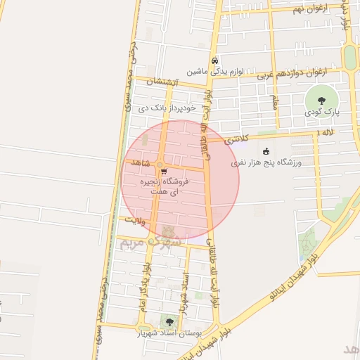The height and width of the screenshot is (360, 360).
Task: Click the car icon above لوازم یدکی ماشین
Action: (x=214, y=61)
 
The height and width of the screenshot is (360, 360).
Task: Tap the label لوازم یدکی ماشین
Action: (x=214, y=72)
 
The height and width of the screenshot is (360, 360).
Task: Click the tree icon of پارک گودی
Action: (x=321, y=100)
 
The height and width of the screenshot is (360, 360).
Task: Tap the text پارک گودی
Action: (x=323, y=112)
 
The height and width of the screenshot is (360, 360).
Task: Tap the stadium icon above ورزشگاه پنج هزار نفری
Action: (x=266, y=152)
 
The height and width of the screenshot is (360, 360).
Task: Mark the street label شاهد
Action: (x=141, y=162)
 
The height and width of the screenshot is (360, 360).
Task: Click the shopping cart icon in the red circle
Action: (x=164, y=171)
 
